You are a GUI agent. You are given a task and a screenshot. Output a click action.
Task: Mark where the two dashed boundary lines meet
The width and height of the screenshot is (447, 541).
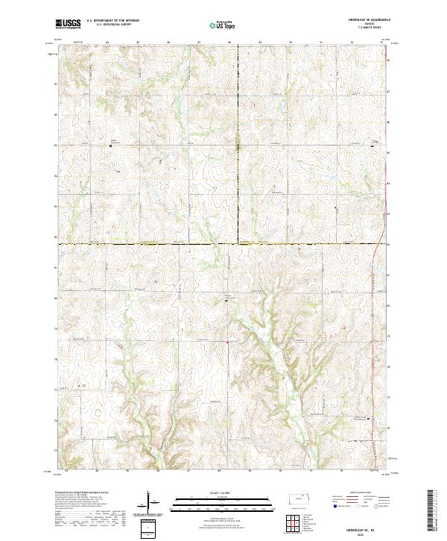click(x=238, y=243)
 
